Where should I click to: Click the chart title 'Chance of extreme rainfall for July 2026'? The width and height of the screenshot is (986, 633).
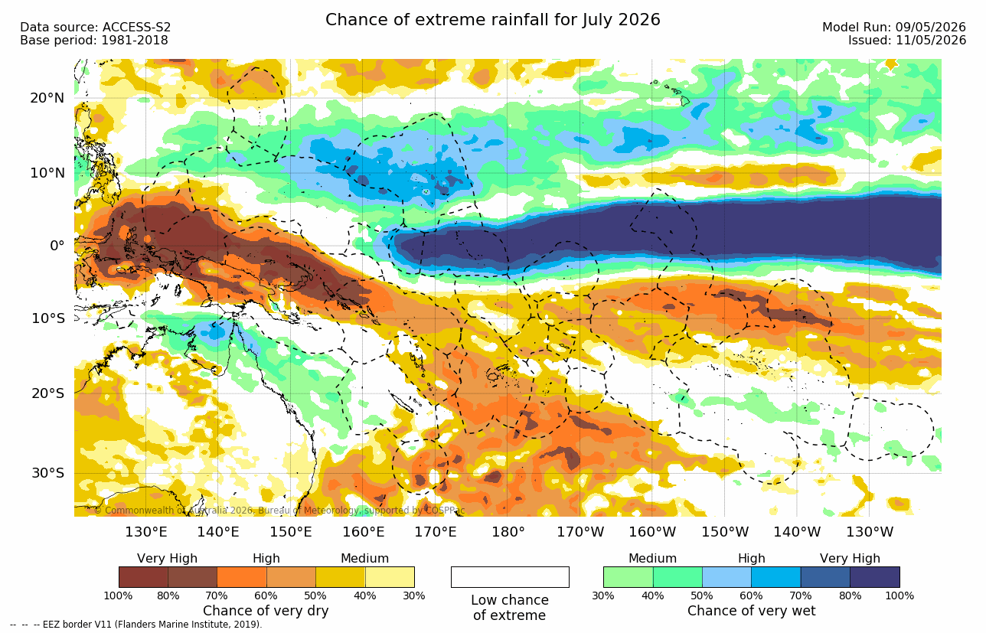coord(492,20)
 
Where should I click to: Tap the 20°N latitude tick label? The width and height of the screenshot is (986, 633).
coord(47,98)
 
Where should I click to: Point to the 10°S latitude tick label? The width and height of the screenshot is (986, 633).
coord(48,318)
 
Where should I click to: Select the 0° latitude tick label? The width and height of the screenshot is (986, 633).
coord(57,245)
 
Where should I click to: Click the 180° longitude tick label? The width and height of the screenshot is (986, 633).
coord(508,532)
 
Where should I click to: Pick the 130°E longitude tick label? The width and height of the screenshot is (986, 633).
coord(145,532)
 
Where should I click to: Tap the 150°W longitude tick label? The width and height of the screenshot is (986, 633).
coord(724,532)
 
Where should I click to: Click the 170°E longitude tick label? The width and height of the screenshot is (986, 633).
coord(436,532)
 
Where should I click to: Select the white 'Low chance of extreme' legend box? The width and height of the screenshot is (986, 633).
coord(510,576)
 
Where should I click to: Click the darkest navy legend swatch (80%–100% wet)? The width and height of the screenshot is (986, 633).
coord(875,576)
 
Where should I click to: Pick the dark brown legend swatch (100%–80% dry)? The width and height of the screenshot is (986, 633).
coord(143,576)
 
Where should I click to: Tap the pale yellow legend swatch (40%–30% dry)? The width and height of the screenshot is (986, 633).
coord(390,576)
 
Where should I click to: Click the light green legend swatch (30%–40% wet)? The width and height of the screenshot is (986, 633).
coord(628,576)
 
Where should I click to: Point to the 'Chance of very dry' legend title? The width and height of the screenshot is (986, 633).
coord(266,611)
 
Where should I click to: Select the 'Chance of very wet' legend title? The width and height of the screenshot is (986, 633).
coord(752,611)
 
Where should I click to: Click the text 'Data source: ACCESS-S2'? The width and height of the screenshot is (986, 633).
coord(95,28)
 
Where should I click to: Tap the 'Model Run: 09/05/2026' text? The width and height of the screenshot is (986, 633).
coord(894,28)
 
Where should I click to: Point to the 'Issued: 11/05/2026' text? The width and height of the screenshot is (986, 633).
coord(907,41)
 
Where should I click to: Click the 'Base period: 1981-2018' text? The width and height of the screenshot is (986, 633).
coord(93,41)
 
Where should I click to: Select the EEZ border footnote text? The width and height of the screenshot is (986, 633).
coord(136,625)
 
